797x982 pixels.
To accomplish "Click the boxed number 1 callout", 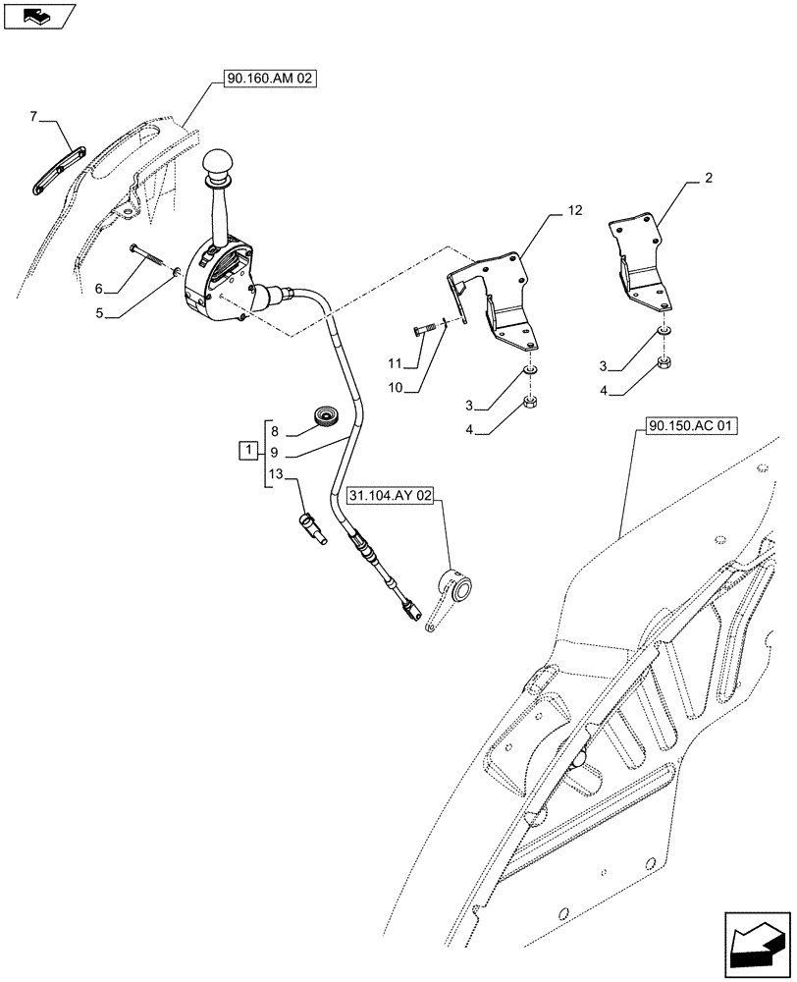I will click(250, 452).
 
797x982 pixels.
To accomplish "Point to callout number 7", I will click(33, 117).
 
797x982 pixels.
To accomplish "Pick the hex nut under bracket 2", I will click(664, 365).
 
